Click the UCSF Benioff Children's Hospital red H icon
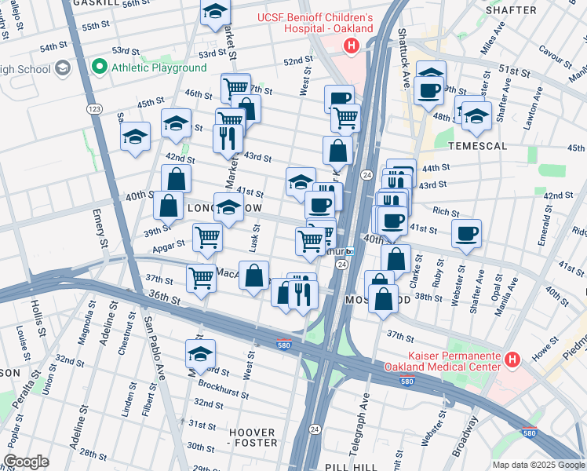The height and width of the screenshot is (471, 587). pos(351,46)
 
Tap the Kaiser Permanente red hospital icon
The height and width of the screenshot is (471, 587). pos(512,360)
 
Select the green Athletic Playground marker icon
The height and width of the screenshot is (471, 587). pos(100,67)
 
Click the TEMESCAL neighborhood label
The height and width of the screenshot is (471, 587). pos(478,146)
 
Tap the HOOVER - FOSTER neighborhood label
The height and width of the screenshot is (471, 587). pos(253,437)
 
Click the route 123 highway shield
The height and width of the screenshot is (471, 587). pos(94,109)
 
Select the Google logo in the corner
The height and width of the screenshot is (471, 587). pos(27,462)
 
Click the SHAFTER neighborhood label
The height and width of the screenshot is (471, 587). pos(511,10)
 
